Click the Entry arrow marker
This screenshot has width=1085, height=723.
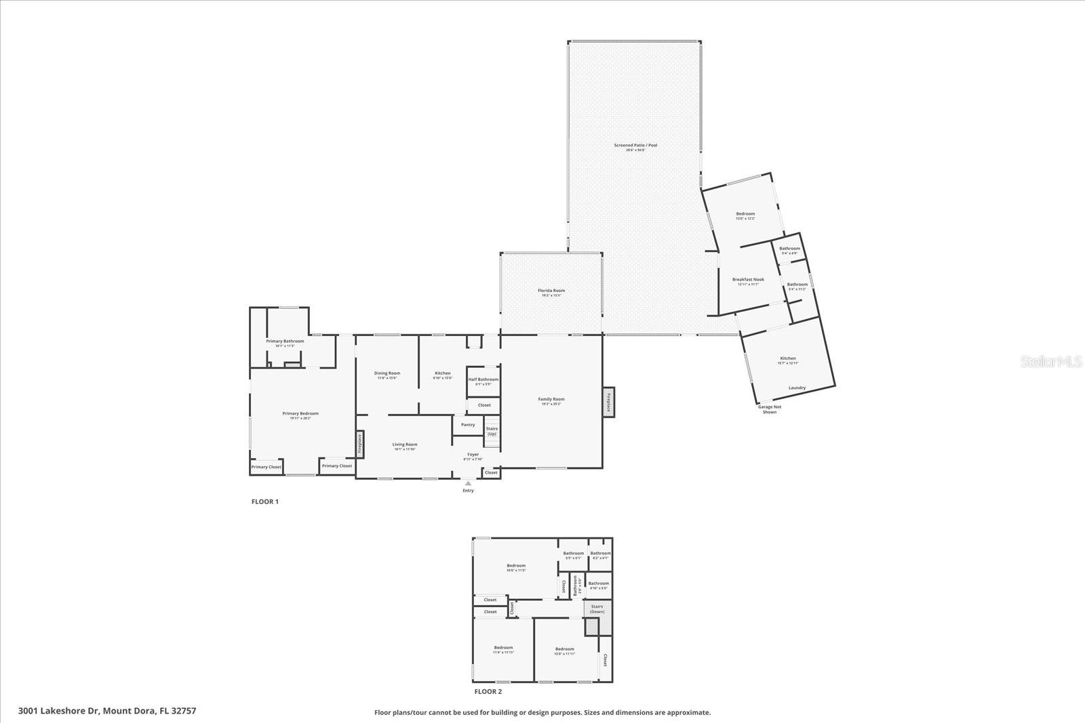click(468, 483)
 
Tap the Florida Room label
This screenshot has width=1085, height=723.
click(551, 291)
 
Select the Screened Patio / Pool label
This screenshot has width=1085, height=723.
click(635, 145)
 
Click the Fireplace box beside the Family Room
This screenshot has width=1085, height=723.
click(608, 402)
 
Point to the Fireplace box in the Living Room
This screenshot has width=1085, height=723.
click(360, 445)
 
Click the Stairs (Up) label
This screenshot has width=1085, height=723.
click(492, 431)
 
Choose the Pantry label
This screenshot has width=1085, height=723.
click(468, 425)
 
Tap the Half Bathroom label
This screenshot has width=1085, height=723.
click(483, 379)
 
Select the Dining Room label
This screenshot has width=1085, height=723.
click(387, 373)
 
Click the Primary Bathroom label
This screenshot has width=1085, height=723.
click(285, 341)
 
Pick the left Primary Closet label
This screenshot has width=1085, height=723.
click(266, 467)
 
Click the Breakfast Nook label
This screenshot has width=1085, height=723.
click(748, 279)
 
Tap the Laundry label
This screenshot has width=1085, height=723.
click(797, 388)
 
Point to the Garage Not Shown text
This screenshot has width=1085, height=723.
click(769, 409)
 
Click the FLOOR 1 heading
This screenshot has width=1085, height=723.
click(265, 501)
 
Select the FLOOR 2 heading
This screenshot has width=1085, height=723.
click(488, 692)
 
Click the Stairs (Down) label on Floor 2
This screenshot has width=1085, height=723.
click(597, 609)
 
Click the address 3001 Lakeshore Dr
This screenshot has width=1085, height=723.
click(107, 711)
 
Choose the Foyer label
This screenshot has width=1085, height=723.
click(473, 455)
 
